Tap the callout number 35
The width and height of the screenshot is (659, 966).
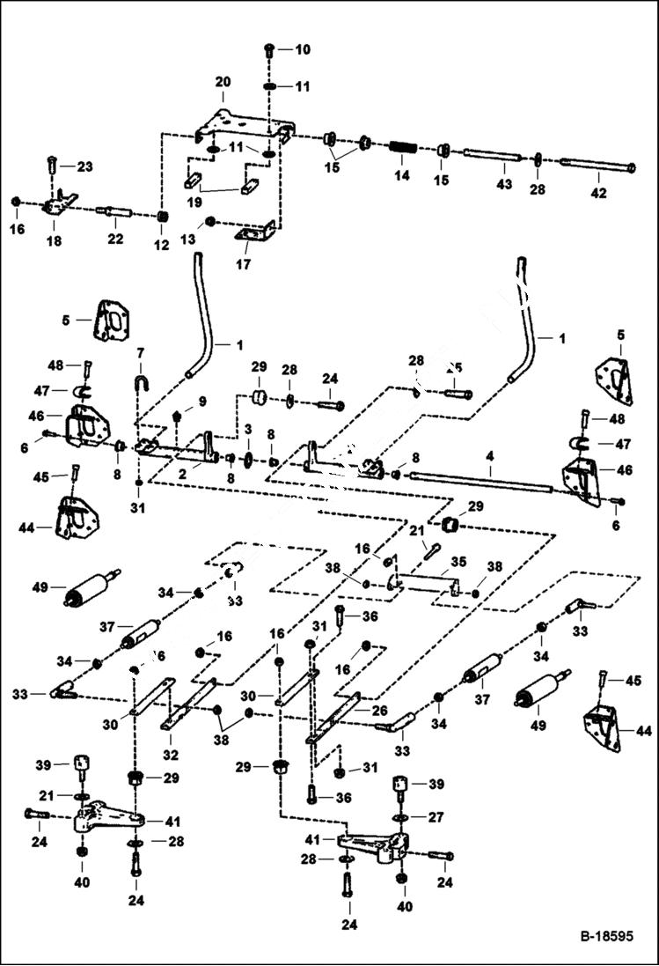[458, 560]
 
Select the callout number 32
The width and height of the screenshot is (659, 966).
[172, 754]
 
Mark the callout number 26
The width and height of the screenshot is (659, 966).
[380, 711]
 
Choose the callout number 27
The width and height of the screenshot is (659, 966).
[436, 817]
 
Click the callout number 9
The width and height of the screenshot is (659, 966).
[201, 402]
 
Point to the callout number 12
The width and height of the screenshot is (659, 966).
[161, 246]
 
